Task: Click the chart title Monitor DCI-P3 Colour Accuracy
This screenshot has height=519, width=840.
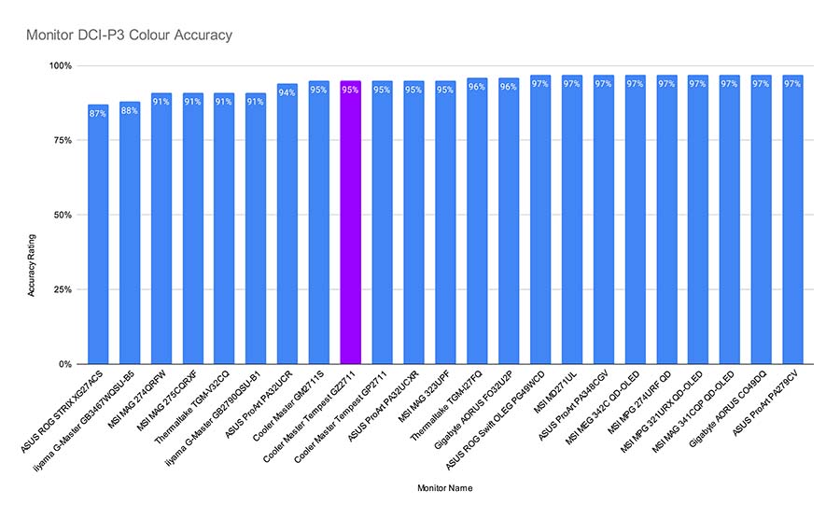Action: [x=129, y=35]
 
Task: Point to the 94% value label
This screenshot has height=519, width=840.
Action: [x=287, y=91]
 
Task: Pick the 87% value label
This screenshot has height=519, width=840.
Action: [x=98, y=113]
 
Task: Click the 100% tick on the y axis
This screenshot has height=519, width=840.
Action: [x=63, y=66]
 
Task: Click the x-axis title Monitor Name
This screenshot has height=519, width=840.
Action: [x=446, y=486]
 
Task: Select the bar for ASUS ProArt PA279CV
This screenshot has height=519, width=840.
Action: [x=792, y=224]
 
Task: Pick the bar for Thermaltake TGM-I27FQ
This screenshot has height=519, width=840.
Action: [x=476, y=224]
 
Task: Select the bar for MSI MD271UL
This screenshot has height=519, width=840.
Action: [x=571, y=224]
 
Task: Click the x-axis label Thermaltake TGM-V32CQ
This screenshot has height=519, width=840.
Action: [x=197, y=402]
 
